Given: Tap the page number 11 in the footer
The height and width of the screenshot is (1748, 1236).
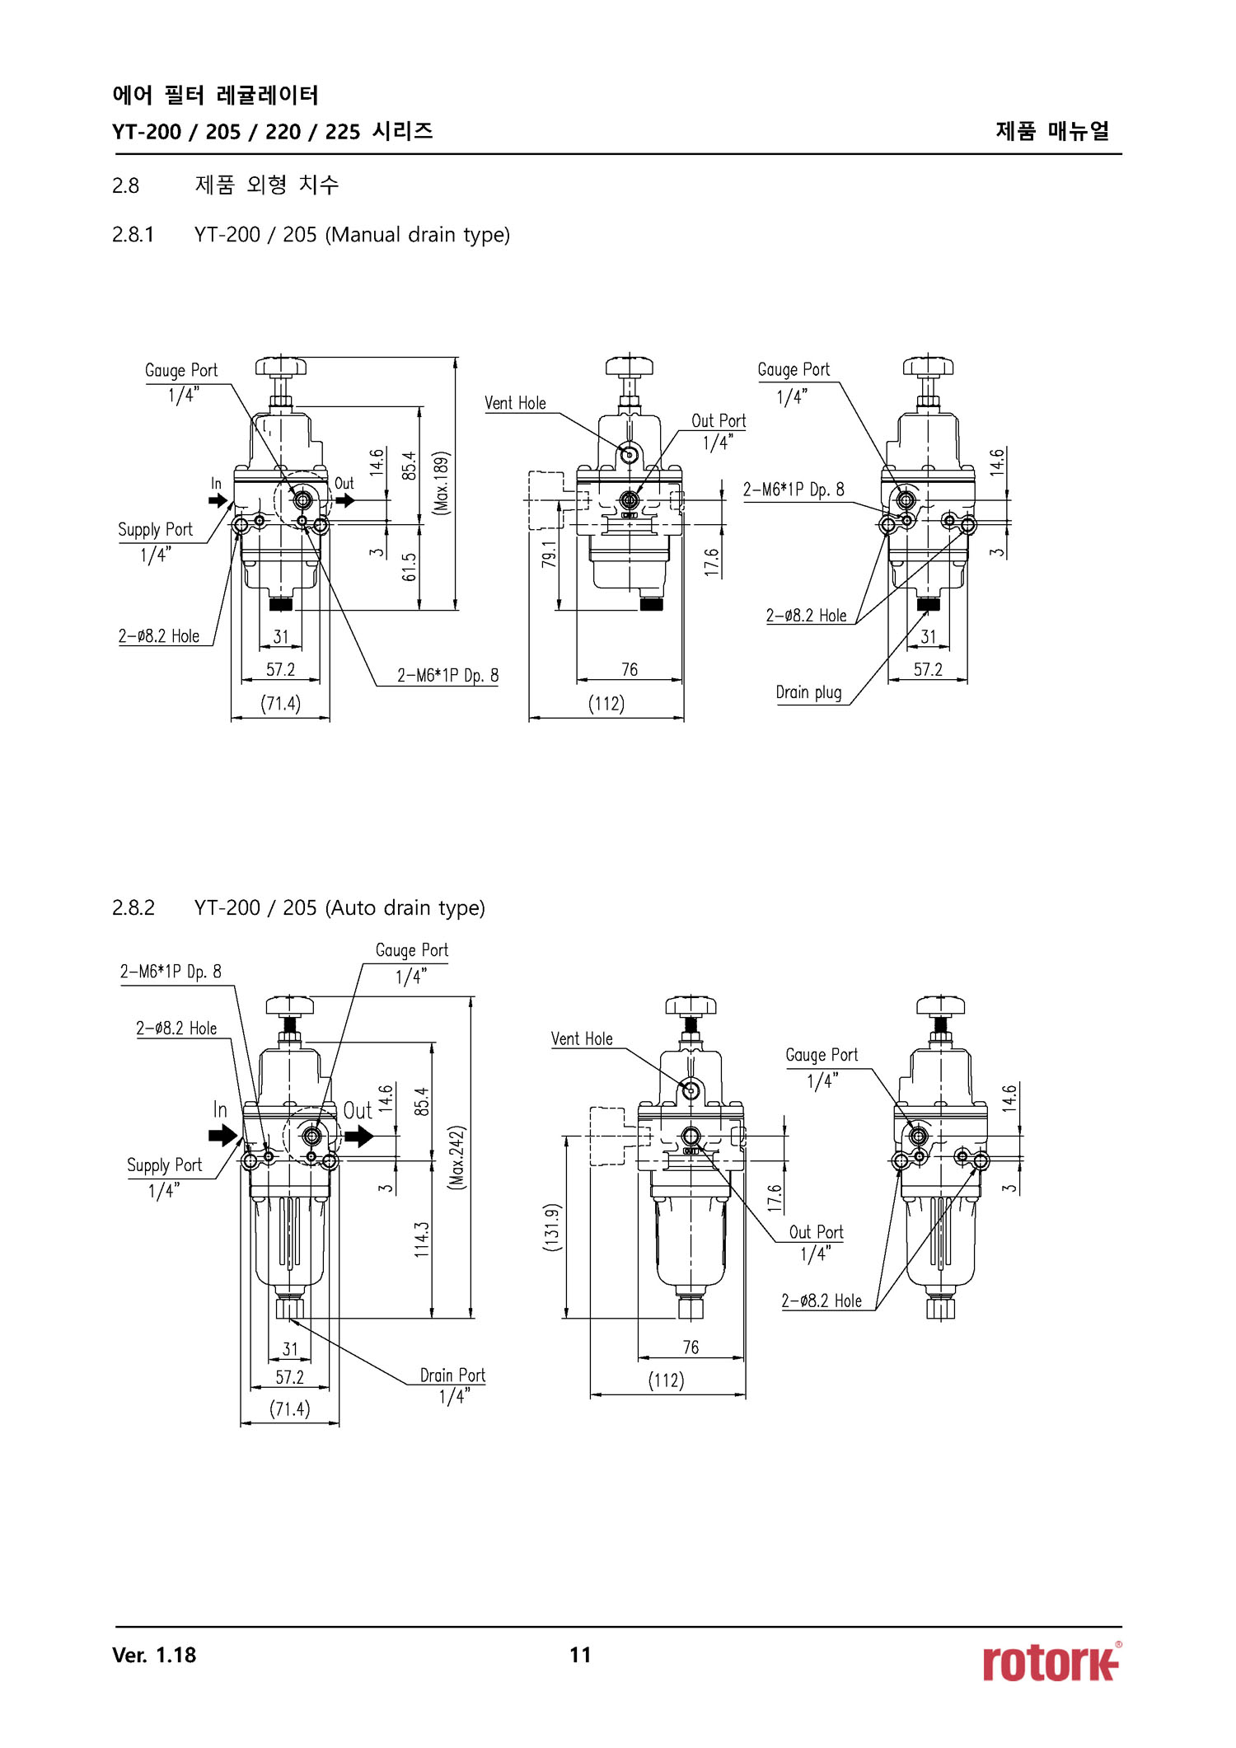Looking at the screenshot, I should click(580, 1655).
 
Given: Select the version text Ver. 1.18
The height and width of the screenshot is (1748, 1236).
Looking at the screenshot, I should click(154, 1655).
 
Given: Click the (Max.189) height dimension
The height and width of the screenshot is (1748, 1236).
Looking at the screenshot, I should click(442, 483).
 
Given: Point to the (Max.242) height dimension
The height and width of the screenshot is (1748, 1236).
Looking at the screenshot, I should click(457, 1157).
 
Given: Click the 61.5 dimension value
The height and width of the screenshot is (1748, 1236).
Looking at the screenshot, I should click(410, 567).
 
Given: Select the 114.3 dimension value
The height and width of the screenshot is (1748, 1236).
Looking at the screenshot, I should click(422, 1239).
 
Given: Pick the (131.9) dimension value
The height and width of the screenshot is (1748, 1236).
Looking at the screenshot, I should click(552, 1227).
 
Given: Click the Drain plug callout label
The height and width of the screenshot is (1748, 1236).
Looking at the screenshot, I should click(808, 692).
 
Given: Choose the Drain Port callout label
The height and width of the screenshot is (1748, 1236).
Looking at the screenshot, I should click(452, 1375).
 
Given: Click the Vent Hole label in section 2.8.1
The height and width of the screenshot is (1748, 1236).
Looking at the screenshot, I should click(515, 403).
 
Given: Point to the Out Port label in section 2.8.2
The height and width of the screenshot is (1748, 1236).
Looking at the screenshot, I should click(816, 1232).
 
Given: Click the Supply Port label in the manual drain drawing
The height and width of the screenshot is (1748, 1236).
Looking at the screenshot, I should click(155, 530).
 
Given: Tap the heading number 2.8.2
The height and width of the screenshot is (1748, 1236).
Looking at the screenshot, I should click(133, 907).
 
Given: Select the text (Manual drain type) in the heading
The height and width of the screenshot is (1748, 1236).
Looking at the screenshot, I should click(418, 235).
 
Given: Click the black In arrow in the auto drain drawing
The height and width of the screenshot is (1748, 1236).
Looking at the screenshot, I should click(222, 1136).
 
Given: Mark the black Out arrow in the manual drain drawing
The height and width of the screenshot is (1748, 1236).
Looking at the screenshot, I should click(345, 500).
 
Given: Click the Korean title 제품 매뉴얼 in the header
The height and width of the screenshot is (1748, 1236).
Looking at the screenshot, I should click(1052, 131).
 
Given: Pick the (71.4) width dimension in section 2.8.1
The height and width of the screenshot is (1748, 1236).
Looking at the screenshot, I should click(280, 704).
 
